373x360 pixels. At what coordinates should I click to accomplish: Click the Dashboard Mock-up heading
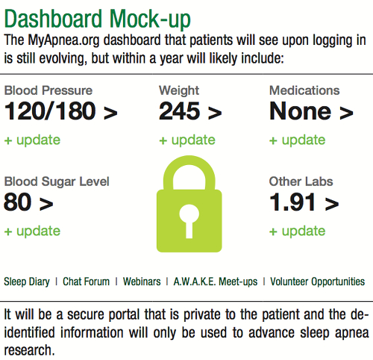pos(98,19)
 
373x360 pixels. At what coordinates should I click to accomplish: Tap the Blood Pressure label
pos(48,90)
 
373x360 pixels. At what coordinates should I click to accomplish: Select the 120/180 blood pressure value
pos(50,111)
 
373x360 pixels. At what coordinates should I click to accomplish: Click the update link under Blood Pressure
pos(32,140)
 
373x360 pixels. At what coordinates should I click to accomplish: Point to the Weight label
pos(179,90)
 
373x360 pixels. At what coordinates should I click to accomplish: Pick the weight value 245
pos(180,111)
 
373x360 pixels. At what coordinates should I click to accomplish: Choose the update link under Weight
pos(187,140)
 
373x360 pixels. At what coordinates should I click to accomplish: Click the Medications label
pos(304,90)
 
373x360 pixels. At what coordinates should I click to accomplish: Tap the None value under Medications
pos(301,111)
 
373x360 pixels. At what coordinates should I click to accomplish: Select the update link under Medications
pos(298,140)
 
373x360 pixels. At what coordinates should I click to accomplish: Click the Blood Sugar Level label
pos(57,181)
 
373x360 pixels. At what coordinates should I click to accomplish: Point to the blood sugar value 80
pos(18,202)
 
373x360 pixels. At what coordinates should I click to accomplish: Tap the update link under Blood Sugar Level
pos(32,231)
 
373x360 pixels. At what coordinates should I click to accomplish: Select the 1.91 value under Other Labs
pos(292,202)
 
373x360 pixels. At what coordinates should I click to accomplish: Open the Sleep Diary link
pos(27,282)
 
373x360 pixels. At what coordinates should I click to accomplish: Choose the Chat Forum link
pos(86,282)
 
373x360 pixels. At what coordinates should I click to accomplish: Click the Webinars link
pos(142,282)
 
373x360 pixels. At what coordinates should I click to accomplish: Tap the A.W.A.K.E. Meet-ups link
pos(216,282)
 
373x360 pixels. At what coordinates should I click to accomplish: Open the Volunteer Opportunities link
pos(318,282)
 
